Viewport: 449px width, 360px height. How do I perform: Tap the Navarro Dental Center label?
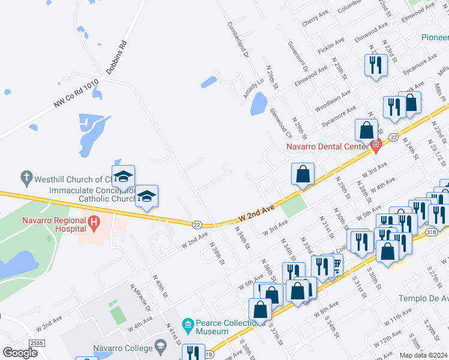[x=327, y=146]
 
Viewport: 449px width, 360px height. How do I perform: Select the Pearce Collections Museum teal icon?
[x=188, y=326]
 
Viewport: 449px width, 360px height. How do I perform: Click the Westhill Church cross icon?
[x=26, y=178]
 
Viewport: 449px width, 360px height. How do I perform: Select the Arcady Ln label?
[x=254, y=88]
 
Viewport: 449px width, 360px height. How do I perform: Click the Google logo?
[x=20, y=353]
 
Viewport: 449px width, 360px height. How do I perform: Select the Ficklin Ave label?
[x=331, y=46]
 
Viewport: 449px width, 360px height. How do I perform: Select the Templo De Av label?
[x=424, y=298]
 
